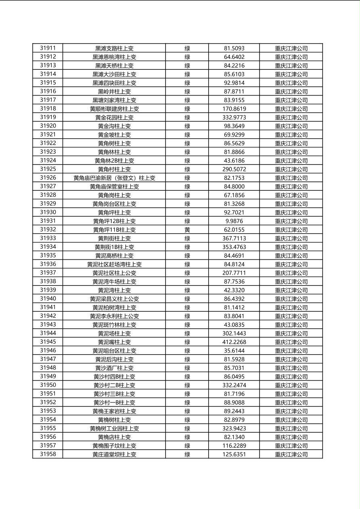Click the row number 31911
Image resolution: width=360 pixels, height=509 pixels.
[48, 48]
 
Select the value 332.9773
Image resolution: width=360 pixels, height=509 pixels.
[234, 117]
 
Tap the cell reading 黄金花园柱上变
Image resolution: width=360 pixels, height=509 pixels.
[114, 117]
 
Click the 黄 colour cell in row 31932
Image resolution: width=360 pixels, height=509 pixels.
[187, 229]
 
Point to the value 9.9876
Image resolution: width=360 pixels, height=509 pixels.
[234, 221]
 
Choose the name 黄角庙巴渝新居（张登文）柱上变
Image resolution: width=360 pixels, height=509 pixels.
[114, 178]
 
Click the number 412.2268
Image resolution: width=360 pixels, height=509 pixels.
[234, 342]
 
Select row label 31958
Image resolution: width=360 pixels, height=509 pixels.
[48, 454]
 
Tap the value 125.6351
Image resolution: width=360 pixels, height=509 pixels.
[234, 454]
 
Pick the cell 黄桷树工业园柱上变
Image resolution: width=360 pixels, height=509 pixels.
[114, 428]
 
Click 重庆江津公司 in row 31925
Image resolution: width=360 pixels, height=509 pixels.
[291, 169]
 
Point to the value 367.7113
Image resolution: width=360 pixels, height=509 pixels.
[234, 238]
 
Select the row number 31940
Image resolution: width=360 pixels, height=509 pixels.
[48, 299]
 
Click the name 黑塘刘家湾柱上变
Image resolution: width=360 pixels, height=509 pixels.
[114, 100]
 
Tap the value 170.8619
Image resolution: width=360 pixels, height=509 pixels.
[234, 109]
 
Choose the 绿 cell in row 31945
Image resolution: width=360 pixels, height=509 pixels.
[187, 342]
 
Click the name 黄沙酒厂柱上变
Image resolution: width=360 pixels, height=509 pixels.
[114, 368]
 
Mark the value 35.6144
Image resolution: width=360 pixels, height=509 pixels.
[234, 350]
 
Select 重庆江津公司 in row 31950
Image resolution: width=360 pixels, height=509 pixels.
[291, 385]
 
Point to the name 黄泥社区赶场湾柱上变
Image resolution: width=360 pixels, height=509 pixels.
[114, 264]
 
